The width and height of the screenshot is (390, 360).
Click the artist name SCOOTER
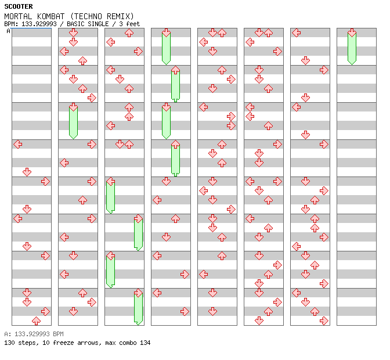[19, 6]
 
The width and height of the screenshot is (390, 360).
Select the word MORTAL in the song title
[17, 16]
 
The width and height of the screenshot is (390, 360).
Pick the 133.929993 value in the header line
[37, 24]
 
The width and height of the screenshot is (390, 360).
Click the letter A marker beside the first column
[8, 31]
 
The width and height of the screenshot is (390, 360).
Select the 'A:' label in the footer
[7, 334]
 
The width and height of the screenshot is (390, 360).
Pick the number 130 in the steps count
[9, 343]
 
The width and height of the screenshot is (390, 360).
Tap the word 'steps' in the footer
[27, 343]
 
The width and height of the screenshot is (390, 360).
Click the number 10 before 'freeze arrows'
[44, 343]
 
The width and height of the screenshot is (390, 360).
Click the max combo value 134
[145, 343]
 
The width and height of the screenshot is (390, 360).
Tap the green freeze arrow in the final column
[352, 48]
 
